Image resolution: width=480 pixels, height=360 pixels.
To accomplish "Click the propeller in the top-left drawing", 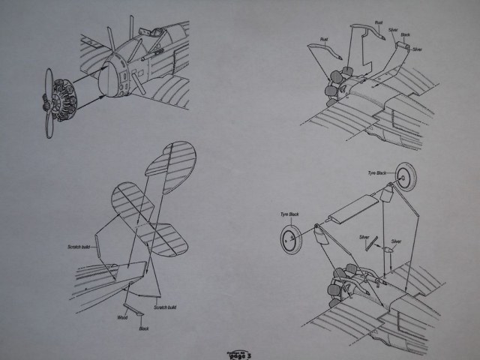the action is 47,102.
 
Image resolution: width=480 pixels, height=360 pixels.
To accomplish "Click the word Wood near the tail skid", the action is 122,318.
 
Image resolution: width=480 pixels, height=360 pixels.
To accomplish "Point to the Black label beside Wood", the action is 143,328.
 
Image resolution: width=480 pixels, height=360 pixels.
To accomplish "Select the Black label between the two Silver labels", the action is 404,35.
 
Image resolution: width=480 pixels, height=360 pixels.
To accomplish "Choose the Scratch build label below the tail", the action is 166,307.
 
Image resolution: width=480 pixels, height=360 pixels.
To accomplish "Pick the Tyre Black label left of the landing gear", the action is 290,214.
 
